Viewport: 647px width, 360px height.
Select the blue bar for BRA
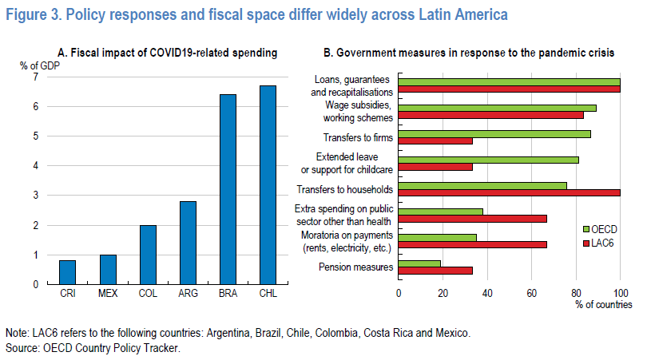(x=228, y=189)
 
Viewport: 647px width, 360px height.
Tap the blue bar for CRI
(x=68, y=272)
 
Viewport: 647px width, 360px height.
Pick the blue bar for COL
(x=148, y=255)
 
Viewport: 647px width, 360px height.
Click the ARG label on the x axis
(x=188, y=295)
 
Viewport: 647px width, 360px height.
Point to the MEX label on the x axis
(x=108, y=295)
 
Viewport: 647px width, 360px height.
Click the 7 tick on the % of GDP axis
(x=34, y=77)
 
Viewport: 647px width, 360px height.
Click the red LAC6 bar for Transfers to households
(x=509, y=192)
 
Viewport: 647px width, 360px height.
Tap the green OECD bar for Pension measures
(x=419, y=263)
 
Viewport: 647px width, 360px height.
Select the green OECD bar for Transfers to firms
(x=494, y=133)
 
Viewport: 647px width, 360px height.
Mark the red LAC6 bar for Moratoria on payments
(x=472, y=244)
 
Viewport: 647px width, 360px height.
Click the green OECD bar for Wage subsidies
(x=497, y=108)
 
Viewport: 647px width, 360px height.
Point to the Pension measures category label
(x=355, y=267)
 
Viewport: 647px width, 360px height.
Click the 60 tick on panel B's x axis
(x=531, y=293)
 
